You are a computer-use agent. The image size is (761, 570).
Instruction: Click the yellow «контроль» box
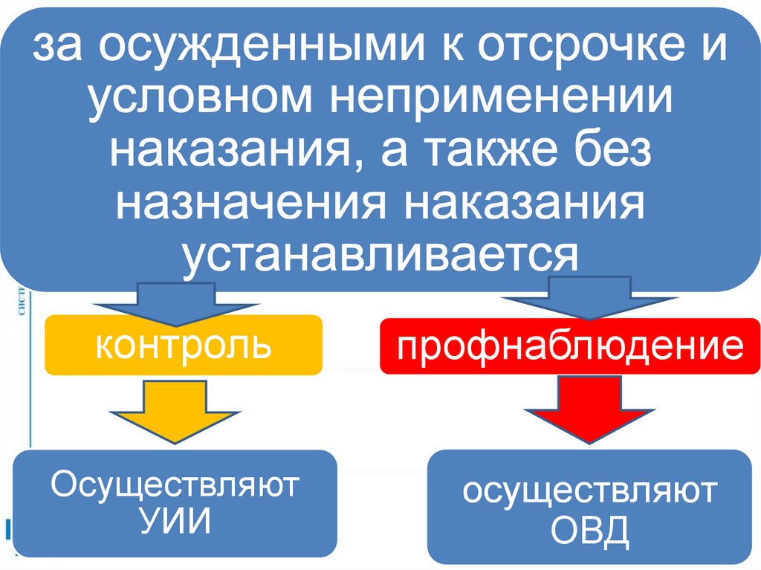click(184, 345)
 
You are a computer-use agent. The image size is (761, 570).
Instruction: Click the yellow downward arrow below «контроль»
click(175, 412)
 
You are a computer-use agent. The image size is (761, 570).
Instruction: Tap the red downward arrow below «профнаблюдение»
click(588, 412)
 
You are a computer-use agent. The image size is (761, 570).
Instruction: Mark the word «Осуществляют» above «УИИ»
click(175, 485)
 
